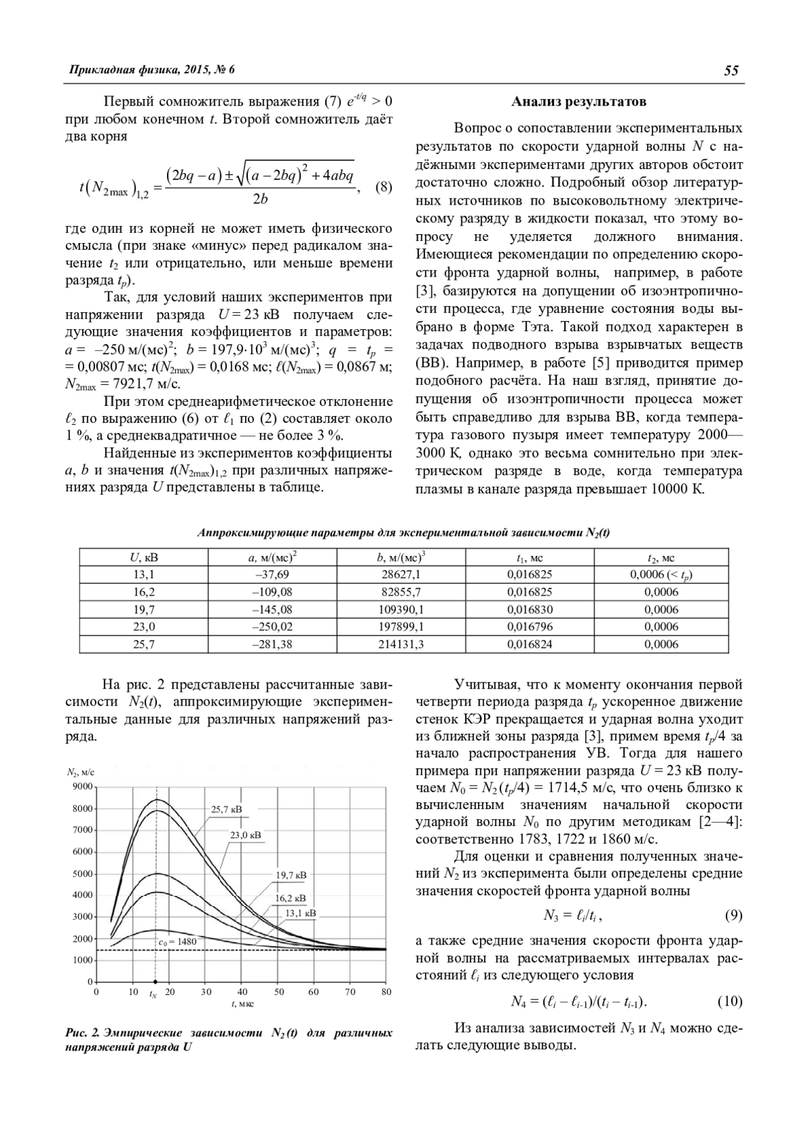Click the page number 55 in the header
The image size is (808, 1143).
731,71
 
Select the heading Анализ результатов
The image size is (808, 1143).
579,102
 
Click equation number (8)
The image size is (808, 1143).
382,186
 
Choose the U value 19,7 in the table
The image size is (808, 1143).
144,610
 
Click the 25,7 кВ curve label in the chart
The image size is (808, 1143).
226,810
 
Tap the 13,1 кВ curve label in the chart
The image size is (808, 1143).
300,913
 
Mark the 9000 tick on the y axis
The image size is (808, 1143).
82,787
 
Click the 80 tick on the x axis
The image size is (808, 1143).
386,992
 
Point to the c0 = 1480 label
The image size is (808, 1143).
178,942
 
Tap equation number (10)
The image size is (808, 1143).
730,1002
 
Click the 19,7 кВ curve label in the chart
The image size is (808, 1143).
291,875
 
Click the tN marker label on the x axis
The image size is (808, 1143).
154,994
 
